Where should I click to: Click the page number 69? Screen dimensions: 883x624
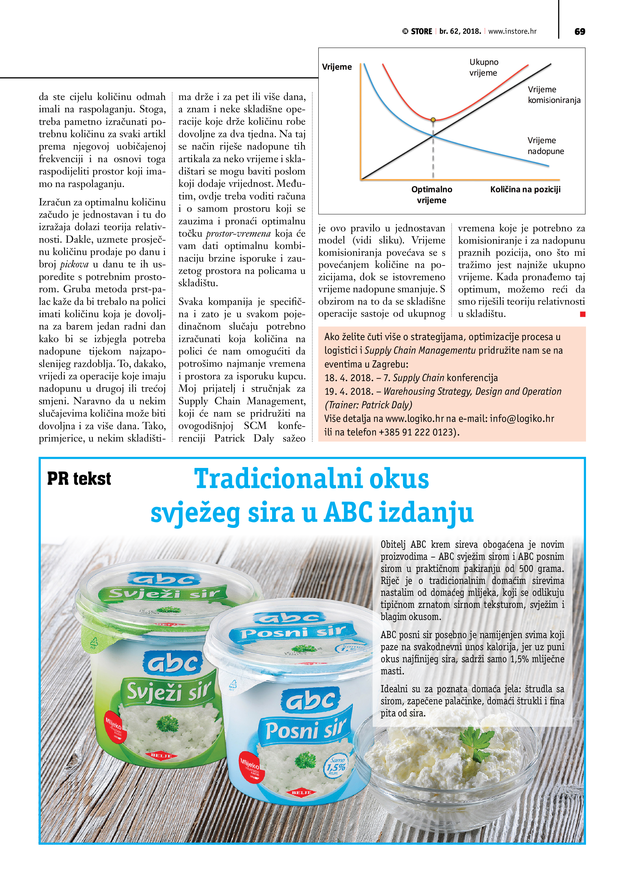tap(579, 31)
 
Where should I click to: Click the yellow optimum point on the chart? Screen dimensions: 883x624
tap(433, 120)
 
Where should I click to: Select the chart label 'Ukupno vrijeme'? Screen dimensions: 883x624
tap(483, 67)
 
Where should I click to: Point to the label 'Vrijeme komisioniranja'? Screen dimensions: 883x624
tap(554, 95)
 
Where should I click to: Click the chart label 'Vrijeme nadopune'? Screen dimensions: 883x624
tap(545, 146)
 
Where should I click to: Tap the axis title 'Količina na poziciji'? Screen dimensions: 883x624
tap(525, 189)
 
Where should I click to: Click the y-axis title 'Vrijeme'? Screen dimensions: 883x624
tap(337, 67)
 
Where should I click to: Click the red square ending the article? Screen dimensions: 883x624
tap(582, 314)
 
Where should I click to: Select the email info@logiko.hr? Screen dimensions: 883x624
tap(522, 418)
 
